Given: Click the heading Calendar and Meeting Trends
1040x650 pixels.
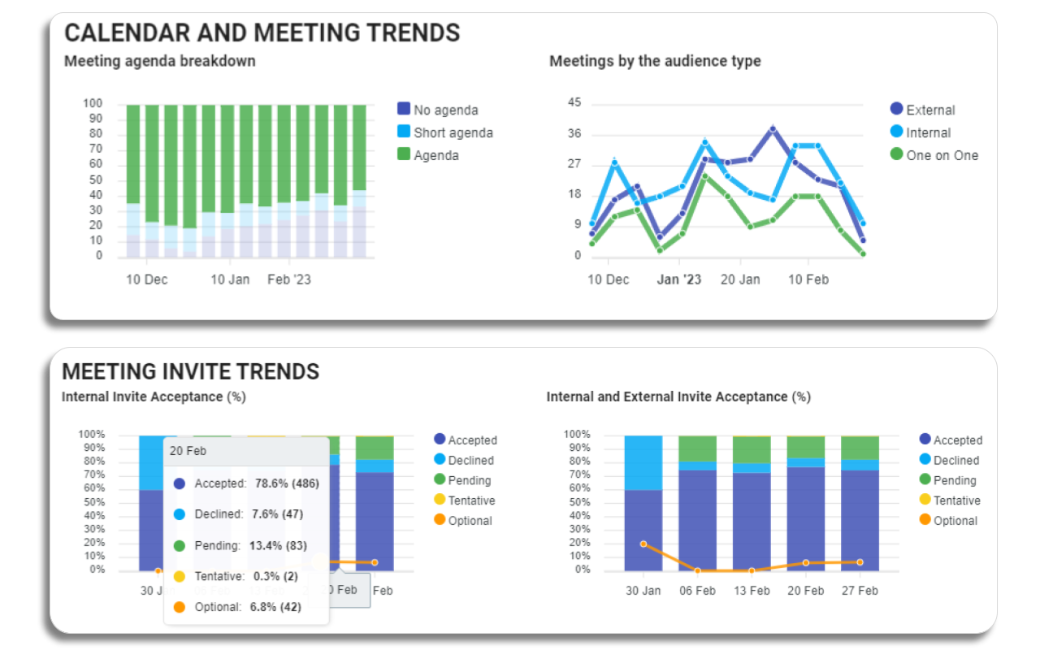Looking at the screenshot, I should pyautogui.click(x=262, y=32).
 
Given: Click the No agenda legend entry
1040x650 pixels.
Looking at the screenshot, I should pyautogui.click(x=444, y=110).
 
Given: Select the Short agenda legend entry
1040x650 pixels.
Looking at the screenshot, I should pyautogui.click(x=452, y=132).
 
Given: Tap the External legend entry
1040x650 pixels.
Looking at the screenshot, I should pyautogui.click(x=929, y=110).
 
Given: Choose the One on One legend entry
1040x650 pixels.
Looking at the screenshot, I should pyautogui.click(x=941, y=155).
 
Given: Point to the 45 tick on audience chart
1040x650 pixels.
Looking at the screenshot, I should pyautogui.click(x=574, y=103).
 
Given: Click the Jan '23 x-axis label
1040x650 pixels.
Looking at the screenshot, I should pyautogui.click(x=678, y=279).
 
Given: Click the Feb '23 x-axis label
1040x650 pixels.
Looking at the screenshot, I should pyautogui.click(x=289, y=279).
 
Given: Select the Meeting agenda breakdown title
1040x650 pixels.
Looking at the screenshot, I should pyautogui.click(x=159, y=61).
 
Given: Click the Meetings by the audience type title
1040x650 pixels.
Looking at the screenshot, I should pyautogui.click(x=655, y=61).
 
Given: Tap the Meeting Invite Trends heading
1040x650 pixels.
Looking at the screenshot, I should pyautogui.click(x=190, y=371).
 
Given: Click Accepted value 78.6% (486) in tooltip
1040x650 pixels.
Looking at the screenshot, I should pyautogui.click(x=287, y=483).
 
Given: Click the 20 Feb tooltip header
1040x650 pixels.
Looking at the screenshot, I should pyautogui.click(x=188, y=450).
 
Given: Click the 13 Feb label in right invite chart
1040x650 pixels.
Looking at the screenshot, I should pyautogui.click(x=751, y=591).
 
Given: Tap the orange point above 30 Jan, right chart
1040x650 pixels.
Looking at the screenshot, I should pyautogui.click(x=643, y=544).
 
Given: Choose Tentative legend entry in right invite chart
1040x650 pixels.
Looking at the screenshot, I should pyautogui.click(x=955, y=500).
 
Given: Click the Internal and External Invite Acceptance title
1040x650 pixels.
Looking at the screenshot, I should pyautogui.click(x=678, y=396).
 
